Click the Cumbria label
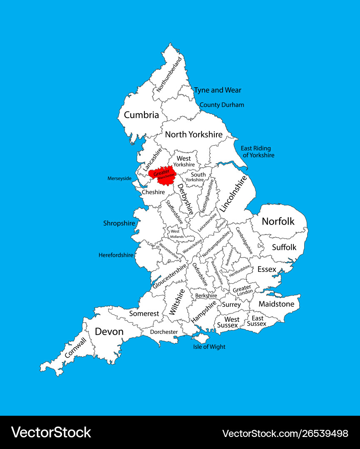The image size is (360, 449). click(142, 115)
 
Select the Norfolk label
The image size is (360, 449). click(278, 221)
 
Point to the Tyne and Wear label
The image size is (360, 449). click(218, 90)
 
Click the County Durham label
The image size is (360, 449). click(222, 105)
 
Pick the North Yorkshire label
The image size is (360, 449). click(194, 134)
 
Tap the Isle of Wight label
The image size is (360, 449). click(209, 347)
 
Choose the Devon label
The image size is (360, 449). click(109, 331)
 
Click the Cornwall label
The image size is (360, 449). click(76, 348)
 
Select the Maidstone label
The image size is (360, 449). click(276, 304)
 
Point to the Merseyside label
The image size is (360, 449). click(119, 178)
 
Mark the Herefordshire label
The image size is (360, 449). click(116, 255)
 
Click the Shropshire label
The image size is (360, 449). click(119, 223)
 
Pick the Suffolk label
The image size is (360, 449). click(284, 247)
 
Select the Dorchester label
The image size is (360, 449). click(164, 332)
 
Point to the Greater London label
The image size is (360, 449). click(242, 290)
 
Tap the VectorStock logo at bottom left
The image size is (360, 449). click(51, 432)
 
